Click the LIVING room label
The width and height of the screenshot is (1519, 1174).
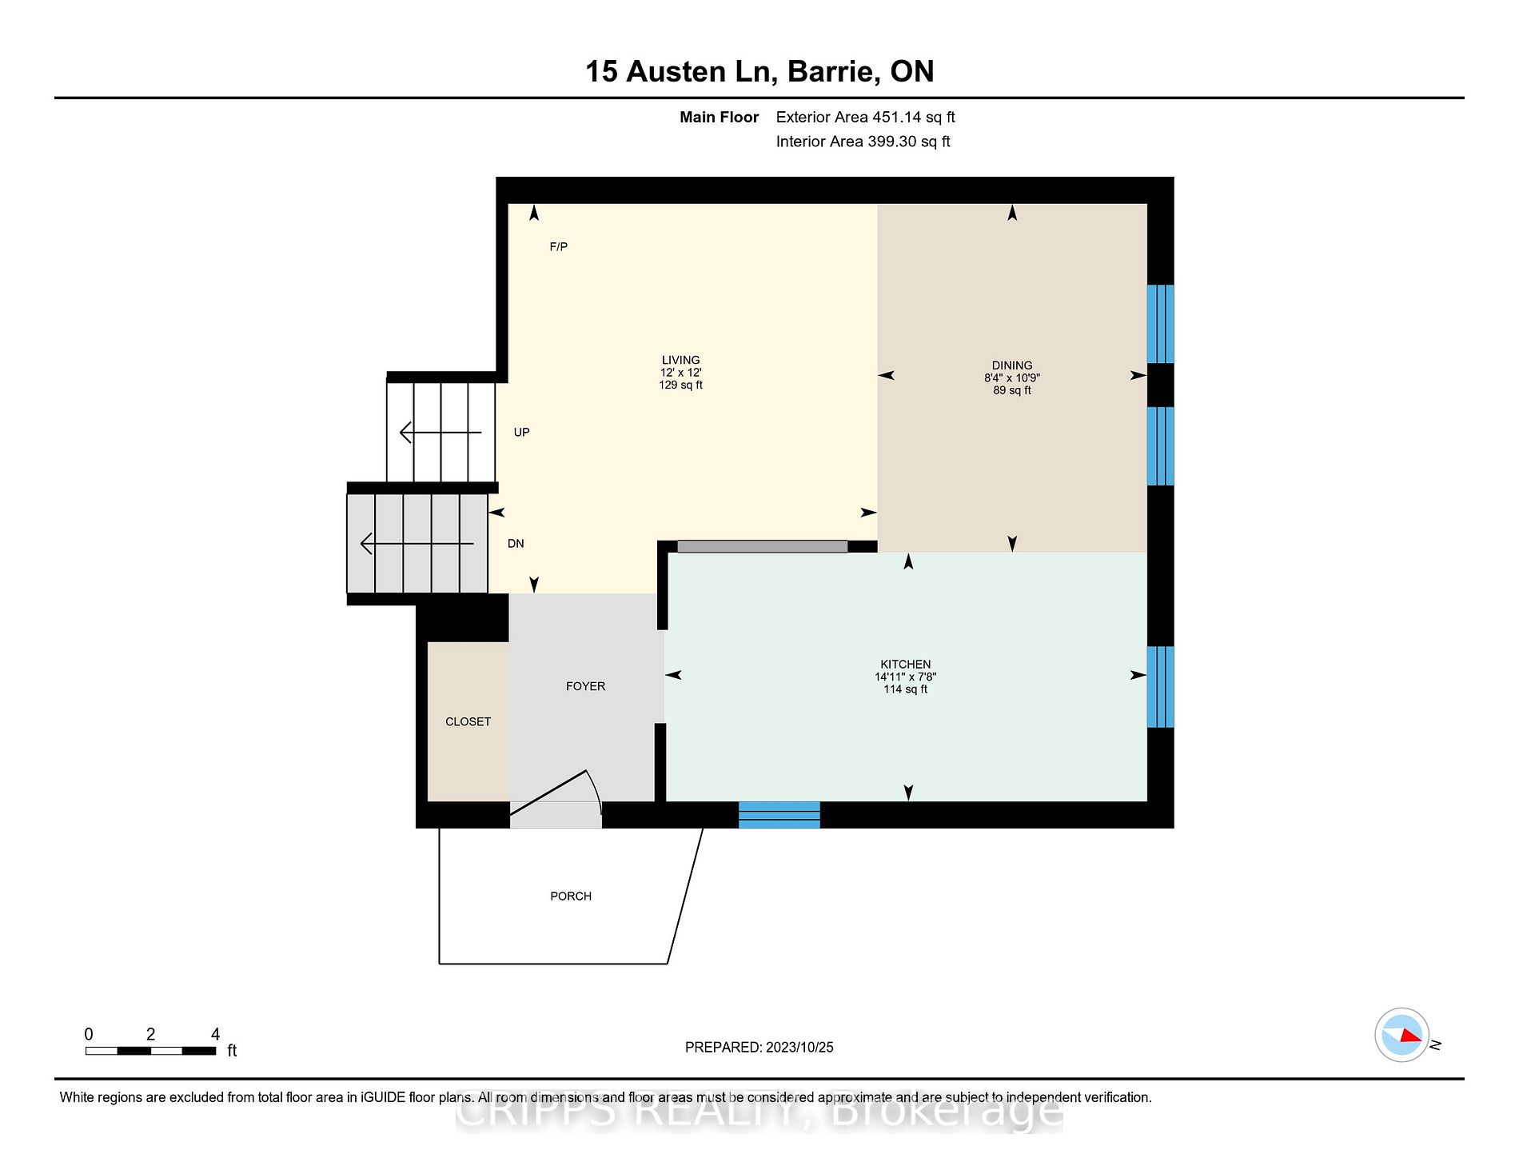point(680,360)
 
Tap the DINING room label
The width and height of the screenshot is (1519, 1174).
point(1012,365)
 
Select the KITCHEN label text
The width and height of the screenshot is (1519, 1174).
point(905,665)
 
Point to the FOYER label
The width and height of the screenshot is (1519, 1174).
point(585,686)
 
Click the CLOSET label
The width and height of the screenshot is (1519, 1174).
point(468,721)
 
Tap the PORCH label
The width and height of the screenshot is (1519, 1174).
point(571,896)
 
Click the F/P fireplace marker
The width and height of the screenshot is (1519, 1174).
point(559,247)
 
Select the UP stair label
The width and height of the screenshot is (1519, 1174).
point(521,433)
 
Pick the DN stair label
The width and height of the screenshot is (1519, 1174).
point(516,544)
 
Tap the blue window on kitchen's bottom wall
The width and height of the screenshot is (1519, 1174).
point(779,814)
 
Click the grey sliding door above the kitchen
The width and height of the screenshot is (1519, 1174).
point(763,546)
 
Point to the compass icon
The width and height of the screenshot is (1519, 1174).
point(1402,1035)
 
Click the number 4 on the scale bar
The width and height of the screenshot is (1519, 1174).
point(215,1034)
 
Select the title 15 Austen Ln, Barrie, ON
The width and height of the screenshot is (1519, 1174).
point(759,71)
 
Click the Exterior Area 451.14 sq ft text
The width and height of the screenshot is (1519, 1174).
point(865,118)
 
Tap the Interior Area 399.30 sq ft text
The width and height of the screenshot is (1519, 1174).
point(863,142)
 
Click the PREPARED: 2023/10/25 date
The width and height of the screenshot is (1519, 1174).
point(759,1047)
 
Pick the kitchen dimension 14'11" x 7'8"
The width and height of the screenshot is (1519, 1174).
point(905,677)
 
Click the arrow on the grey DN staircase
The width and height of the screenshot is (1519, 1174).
point(417,544)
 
